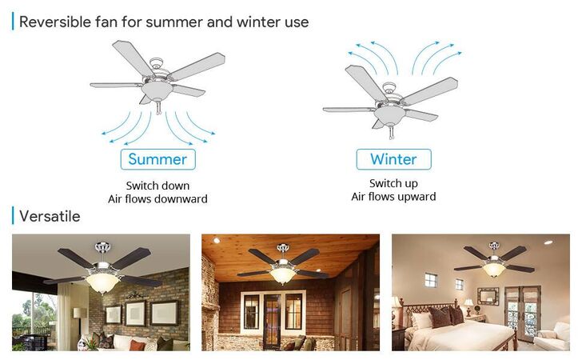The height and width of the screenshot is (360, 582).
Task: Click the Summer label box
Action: pyautogui.click(x=157, y=159)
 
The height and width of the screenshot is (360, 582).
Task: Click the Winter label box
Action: pyautogui.click(x=393, y=159)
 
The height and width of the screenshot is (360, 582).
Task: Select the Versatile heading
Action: pyautogui.click(x=50, y=216)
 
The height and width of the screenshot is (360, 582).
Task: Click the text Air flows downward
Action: pyautogui.click(x=157, y=199)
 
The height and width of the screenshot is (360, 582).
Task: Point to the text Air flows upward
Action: pyautogui.click(x=393, y=197)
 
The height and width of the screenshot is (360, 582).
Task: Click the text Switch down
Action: pyautogui.click(x=157, y=186)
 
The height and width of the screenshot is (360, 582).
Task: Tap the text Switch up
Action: pyautogui.click(x=393, y=183)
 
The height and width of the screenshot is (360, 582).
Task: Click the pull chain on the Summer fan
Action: pyautogui.click(x=159, y=108)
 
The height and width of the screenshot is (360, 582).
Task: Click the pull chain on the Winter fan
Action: pyautogui.click(x=391, y=133)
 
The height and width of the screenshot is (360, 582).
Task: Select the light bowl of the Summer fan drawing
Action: pyautogui.click(x=157, y=91)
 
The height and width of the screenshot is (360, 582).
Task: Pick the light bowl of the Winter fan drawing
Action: pyautogui.click(x=389, y=116)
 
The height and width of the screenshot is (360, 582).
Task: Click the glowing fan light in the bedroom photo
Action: pyautogui.click(x=493, y=270)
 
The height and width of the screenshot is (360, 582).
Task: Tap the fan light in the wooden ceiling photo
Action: pyautogui.click(x=283, y=276)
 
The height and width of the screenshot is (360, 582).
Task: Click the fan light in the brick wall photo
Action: pyautogui.click(x=103, y=283)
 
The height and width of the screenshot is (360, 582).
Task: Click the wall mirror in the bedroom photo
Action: pyautogui.click(x=488, y=297)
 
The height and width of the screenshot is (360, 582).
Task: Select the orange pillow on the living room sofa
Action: pyautogui.click(x=137, y=345)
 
